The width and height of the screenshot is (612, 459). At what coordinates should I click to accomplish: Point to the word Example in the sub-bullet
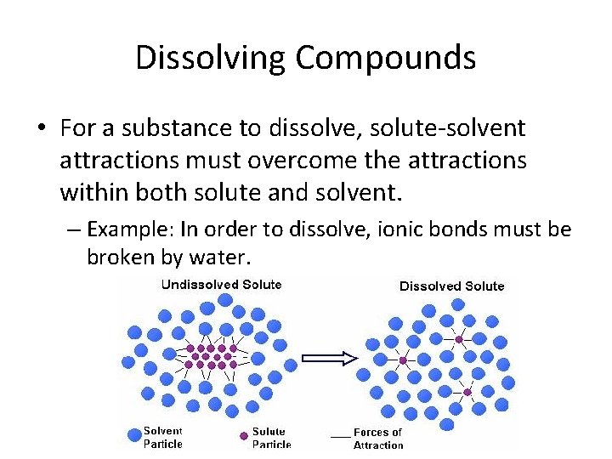click(x=125, y=229)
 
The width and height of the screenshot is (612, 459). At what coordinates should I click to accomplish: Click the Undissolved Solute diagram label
click(x=221, y=285)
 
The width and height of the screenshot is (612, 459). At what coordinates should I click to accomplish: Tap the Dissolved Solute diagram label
click(x=451, y=286)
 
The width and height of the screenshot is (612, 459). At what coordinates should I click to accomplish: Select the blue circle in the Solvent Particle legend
click(x=133, y=435)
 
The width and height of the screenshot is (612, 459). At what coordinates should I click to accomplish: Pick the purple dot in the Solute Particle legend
click(x=243, y=436)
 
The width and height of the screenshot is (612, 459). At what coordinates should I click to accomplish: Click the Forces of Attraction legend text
click(x=378, y=439)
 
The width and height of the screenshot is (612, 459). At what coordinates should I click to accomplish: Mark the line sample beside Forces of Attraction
click(x=340, y=436)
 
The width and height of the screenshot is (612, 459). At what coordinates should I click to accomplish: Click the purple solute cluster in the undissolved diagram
click(x=207, y=356)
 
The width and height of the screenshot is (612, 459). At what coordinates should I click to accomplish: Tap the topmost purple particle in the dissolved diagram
click(x=459, y=339)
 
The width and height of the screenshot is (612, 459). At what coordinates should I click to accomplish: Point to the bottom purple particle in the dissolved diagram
click(x=467, y=392)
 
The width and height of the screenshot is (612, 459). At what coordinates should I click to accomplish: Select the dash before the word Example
click(x=74, y=230)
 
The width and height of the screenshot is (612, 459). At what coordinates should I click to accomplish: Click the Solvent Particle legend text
click(x=162, y=437)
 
